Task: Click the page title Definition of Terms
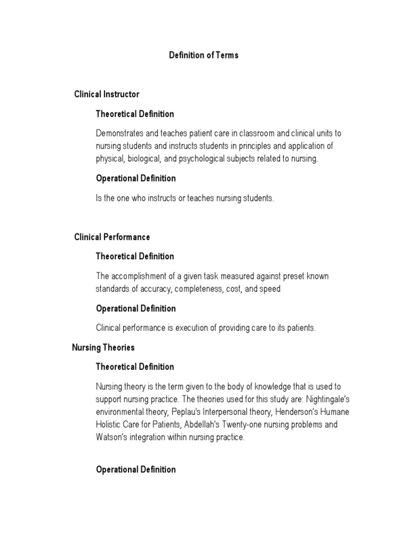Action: (x=203, y=55)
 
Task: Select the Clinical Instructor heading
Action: (x=107, y=94)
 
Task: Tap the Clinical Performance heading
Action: (x=112, y=237)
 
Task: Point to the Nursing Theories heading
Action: (x=103, y=347)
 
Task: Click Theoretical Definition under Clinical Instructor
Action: (x=135, y=114)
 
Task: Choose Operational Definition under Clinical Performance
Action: (x=135, y=308)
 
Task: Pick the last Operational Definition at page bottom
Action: (x=135, y=470)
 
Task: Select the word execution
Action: (x=188, y=328)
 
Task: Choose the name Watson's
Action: (x=112, y=438)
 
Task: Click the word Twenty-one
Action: (x=279, y=425)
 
